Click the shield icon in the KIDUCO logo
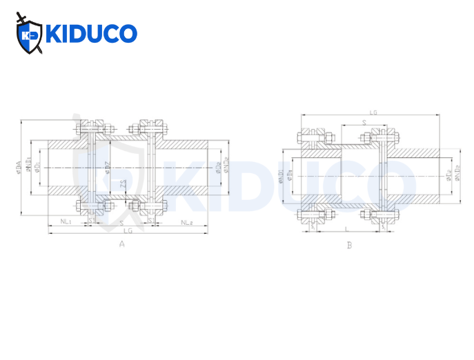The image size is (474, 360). tap(30, 34)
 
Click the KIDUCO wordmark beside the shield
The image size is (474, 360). tap(91, 34)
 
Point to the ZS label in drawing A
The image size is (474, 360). tap(123, 184)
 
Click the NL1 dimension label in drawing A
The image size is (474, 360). tap(67, 222)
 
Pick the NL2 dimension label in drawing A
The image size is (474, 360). tap(186, 222)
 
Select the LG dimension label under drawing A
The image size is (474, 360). tap(128, 231)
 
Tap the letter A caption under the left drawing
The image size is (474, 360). tap(122, 243)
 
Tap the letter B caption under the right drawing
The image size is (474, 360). tap(350, 244)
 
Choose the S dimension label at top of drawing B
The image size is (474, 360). tap(363, 123)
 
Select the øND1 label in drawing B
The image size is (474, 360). tap(281, 176)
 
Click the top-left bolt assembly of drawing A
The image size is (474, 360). tap(90, 128)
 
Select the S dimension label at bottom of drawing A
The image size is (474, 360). tap(121, 223)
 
